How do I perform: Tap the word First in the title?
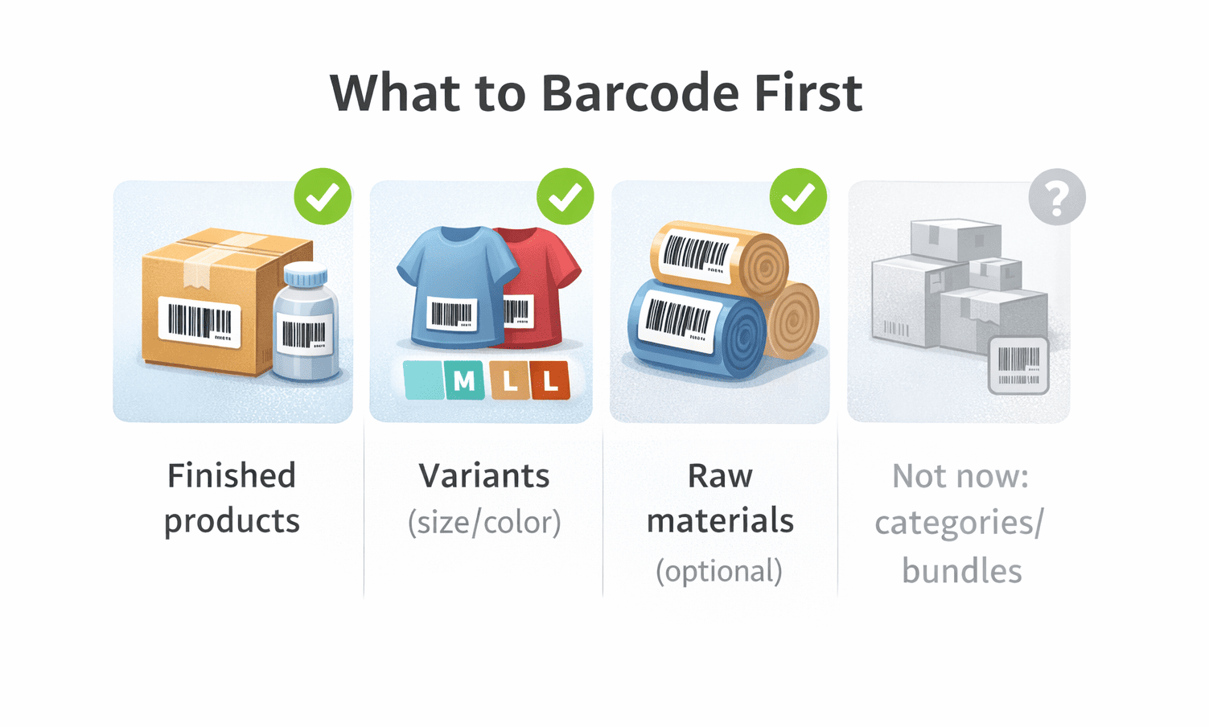[x=808, y=92]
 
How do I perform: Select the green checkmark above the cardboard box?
[x=323, y=196]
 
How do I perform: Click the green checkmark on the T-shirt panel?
[x=565, y=196]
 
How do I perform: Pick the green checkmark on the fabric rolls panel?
[x=798, y=196]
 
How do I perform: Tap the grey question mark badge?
[x=1057, y=197]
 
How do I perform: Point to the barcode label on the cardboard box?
[x=199, y=322]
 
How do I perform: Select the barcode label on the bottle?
[x=305, y=334]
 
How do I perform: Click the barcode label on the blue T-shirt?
[x=451, y=314]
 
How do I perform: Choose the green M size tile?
[x=464, y=381]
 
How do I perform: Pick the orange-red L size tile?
[x=551, y=381]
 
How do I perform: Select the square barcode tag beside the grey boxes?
[x=1018, y=366]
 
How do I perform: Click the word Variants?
[x=484, y=476]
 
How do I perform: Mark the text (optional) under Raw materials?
[x=719, y=571]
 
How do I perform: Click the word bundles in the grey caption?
[x=962, y=571]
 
